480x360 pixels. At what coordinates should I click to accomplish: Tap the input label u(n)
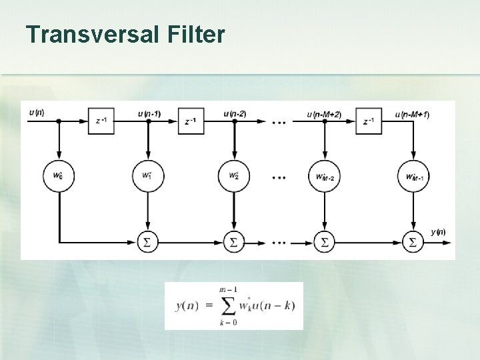click(x=37, y=113)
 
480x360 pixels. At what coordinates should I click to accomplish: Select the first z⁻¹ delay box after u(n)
click(x=101, y=121)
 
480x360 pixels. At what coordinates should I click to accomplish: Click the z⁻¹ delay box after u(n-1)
click(x=190, y=121)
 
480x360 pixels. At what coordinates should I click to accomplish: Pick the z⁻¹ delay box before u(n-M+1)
click(x=369, y=121)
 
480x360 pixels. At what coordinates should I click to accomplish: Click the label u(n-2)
click(x=234, y=113)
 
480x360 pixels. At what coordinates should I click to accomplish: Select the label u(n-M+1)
click(x=412, y=114)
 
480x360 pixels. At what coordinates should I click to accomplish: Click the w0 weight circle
click(x=59, y=177)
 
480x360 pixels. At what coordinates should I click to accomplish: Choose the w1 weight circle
click(x=147, y=177)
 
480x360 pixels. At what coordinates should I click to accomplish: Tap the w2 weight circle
click(x=234, y=177)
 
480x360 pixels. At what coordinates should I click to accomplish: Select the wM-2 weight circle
click(x=324, y=177)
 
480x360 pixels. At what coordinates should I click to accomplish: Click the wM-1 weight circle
click(x=413, y=177)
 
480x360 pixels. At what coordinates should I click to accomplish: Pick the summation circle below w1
click(x=147, y=242)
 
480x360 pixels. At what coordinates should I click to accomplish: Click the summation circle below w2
click(x=234, y=242)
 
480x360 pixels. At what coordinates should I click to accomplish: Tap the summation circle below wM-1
click(x=413, y=242)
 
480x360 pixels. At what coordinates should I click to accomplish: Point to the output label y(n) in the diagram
click(x=438, y=232)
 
